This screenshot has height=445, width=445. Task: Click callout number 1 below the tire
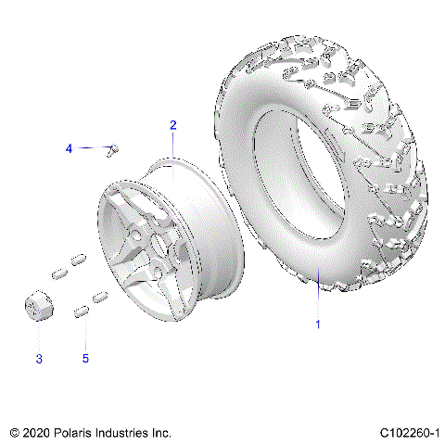tap(319, 324)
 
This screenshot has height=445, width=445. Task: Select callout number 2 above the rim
tap(172, 124)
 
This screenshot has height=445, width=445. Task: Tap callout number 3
tap(38, 359)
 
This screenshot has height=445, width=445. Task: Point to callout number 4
tap(68, 148)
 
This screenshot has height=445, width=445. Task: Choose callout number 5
tap(86, 359)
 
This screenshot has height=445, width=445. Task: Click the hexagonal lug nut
tap(38, 308)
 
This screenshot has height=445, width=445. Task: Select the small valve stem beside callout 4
tap(116, 149)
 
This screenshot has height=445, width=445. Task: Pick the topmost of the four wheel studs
tap(80, 258)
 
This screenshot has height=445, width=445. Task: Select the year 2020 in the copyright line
tap(37, 432)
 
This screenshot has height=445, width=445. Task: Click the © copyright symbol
tap(13, 432)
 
